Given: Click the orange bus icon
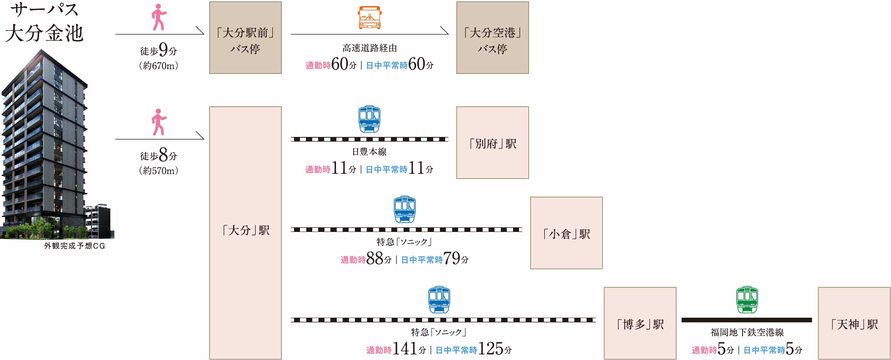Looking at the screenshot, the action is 369,17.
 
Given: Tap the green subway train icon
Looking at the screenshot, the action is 747,300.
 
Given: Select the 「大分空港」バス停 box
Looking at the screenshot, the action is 492,37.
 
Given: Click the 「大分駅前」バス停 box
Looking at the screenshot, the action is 245,37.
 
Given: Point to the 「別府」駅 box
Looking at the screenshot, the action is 492,143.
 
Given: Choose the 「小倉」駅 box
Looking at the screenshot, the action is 566,233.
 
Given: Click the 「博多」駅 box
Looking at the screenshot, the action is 640,323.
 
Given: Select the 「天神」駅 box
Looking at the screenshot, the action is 854,323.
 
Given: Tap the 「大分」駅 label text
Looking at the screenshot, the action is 246,230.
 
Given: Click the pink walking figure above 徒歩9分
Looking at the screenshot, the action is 159,17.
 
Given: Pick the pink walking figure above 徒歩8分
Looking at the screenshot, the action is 159,122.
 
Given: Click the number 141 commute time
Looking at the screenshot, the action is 405,348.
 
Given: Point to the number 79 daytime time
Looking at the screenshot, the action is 452,258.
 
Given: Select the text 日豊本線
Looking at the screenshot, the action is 369,151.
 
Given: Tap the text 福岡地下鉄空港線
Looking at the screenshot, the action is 747,332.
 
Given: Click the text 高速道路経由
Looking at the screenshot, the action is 369,48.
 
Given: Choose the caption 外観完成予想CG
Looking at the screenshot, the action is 75,246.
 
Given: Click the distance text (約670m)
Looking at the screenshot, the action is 159,66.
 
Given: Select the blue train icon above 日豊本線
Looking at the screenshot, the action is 369,119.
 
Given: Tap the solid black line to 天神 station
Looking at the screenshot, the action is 747,320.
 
